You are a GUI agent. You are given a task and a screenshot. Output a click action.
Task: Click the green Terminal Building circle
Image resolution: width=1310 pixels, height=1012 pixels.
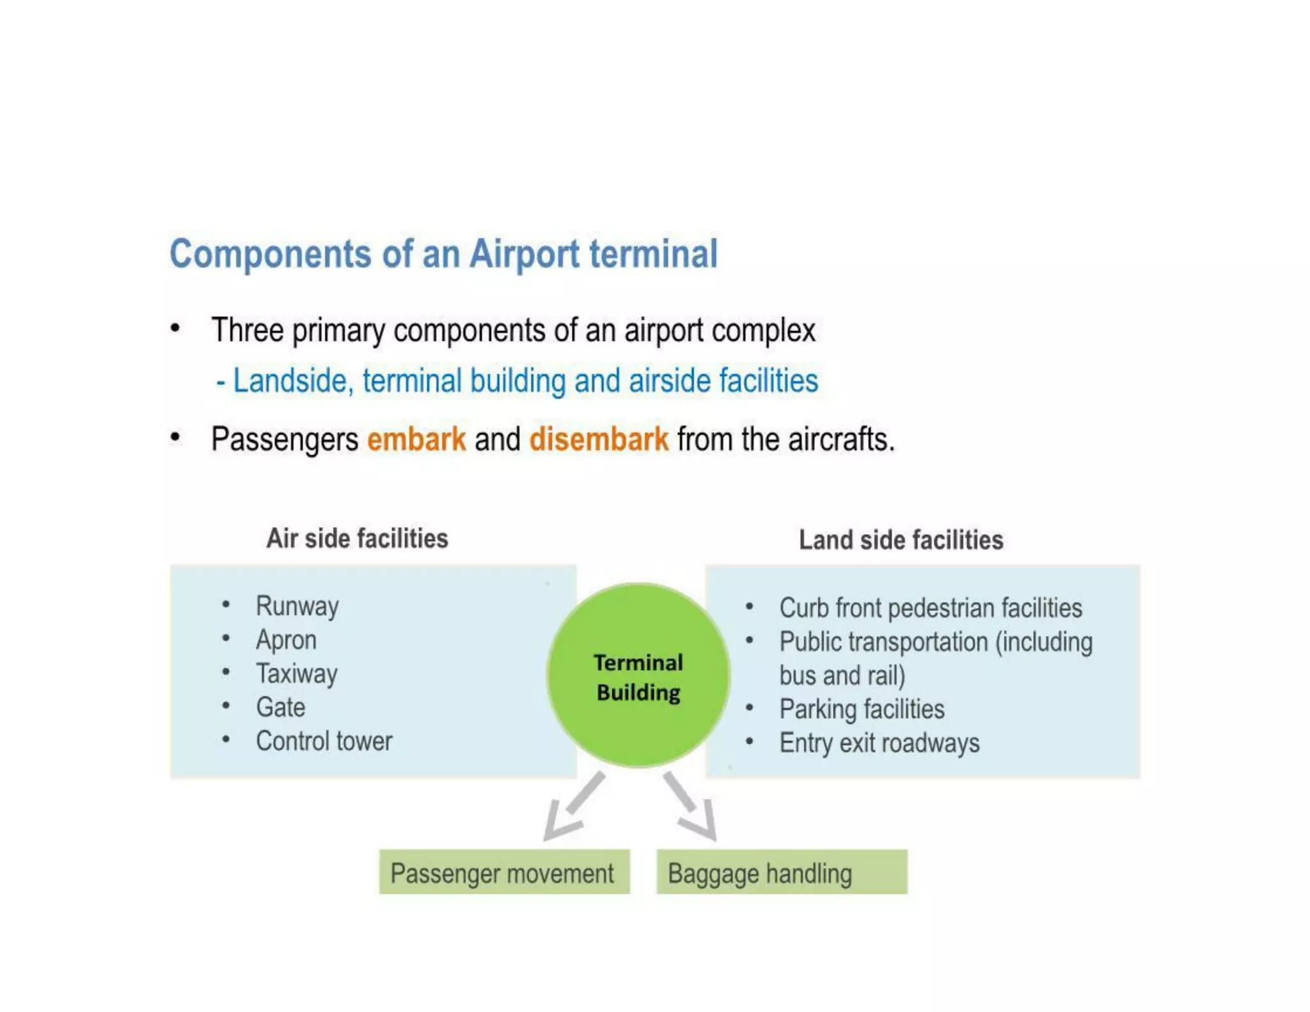638,675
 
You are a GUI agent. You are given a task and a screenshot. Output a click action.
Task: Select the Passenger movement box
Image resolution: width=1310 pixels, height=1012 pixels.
504,873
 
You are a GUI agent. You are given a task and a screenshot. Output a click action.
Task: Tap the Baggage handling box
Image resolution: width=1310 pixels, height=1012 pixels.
781,873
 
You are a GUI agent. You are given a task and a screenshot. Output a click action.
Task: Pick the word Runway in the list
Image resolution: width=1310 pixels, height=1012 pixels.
297,606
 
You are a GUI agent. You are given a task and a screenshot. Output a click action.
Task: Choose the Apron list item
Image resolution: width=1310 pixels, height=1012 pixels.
286,640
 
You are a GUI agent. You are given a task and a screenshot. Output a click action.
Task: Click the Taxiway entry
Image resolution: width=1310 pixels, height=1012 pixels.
296,674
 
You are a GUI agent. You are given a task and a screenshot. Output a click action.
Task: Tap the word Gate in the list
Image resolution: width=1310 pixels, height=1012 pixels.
280,708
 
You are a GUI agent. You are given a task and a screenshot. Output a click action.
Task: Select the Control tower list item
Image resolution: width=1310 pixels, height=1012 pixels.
324,741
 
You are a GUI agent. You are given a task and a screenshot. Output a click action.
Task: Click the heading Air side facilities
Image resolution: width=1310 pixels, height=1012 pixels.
357,539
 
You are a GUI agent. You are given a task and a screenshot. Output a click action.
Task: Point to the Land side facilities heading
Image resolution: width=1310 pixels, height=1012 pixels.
901,541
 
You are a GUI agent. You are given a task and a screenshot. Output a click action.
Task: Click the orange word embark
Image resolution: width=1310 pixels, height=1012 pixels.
416,439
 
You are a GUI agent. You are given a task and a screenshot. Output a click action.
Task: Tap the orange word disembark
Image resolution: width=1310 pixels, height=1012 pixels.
599,439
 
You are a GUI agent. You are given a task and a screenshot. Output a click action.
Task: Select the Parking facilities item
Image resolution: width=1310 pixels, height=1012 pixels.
862,709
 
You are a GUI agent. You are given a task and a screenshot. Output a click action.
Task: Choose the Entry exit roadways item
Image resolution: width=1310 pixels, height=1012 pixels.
879,743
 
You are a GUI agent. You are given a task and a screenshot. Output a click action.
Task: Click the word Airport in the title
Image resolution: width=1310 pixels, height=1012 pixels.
525,255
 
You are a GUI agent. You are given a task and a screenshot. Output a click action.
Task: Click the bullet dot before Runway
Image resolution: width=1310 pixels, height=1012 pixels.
226,605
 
